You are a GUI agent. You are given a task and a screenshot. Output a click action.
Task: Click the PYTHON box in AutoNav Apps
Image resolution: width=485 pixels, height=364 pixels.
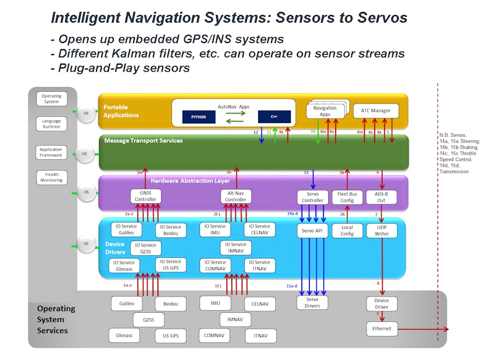[x=198, y=117]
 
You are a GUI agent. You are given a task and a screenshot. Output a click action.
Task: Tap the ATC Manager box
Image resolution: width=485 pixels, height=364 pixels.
[x=376, y=111]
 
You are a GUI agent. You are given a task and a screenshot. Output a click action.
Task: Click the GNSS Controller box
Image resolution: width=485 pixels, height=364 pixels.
[x=145, y=196]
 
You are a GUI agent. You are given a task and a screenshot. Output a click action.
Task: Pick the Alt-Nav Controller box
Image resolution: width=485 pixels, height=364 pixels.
[x=235, y=196]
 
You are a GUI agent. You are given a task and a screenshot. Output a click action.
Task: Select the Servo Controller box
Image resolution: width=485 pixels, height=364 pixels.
[x=313, y=197]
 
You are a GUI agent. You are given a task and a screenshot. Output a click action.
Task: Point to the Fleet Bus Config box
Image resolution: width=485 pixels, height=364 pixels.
[x=347, y=197]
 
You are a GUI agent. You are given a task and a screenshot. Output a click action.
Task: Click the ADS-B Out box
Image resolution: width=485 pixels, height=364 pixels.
[x=382, y=197]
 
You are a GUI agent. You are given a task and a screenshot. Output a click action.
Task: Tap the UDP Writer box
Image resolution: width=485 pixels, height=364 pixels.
[x=382, y=230]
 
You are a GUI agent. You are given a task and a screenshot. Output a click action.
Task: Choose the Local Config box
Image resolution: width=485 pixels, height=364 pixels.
[x=347, y=230]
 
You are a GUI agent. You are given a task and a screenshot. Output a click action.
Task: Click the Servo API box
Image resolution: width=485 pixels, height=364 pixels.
[x=313, y=230]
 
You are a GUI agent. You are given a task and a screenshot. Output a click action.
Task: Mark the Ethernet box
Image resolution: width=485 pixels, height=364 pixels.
[x=382, y=328]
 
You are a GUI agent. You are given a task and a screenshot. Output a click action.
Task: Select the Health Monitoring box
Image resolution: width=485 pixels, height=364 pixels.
[x=52, y=177]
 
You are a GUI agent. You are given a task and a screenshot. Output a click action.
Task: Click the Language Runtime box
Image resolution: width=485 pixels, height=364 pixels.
[x=52, y=124]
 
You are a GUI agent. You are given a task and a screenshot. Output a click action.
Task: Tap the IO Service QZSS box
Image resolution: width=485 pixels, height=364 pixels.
[x=145, y=248]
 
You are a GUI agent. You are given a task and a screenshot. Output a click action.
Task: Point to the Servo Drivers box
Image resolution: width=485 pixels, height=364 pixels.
[x=312, y=303]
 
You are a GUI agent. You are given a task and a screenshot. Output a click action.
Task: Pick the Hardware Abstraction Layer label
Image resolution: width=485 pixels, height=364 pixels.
[x=190, y=181]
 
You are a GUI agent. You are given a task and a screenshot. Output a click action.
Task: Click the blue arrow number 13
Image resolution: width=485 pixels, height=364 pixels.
[x=306, y=173]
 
